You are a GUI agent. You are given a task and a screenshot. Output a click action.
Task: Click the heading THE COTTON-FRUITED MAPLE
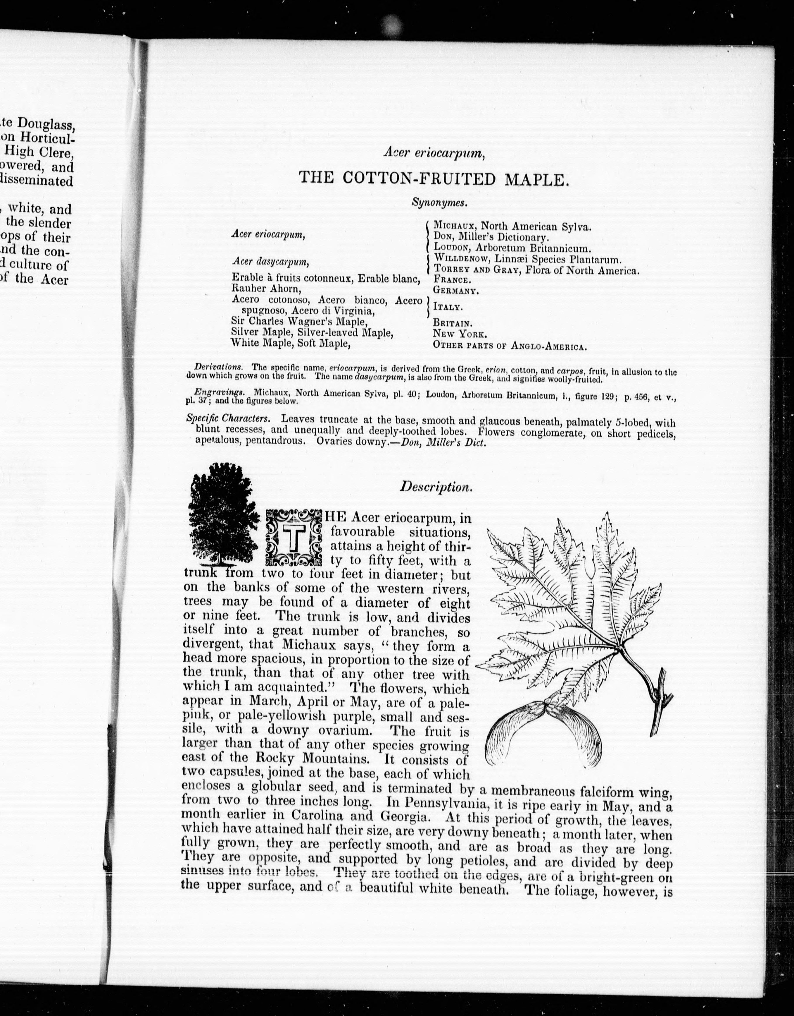(x=434, y=178)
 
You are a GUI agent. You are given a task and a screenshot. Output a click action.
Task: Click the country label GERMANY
(x=455, y=291)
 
